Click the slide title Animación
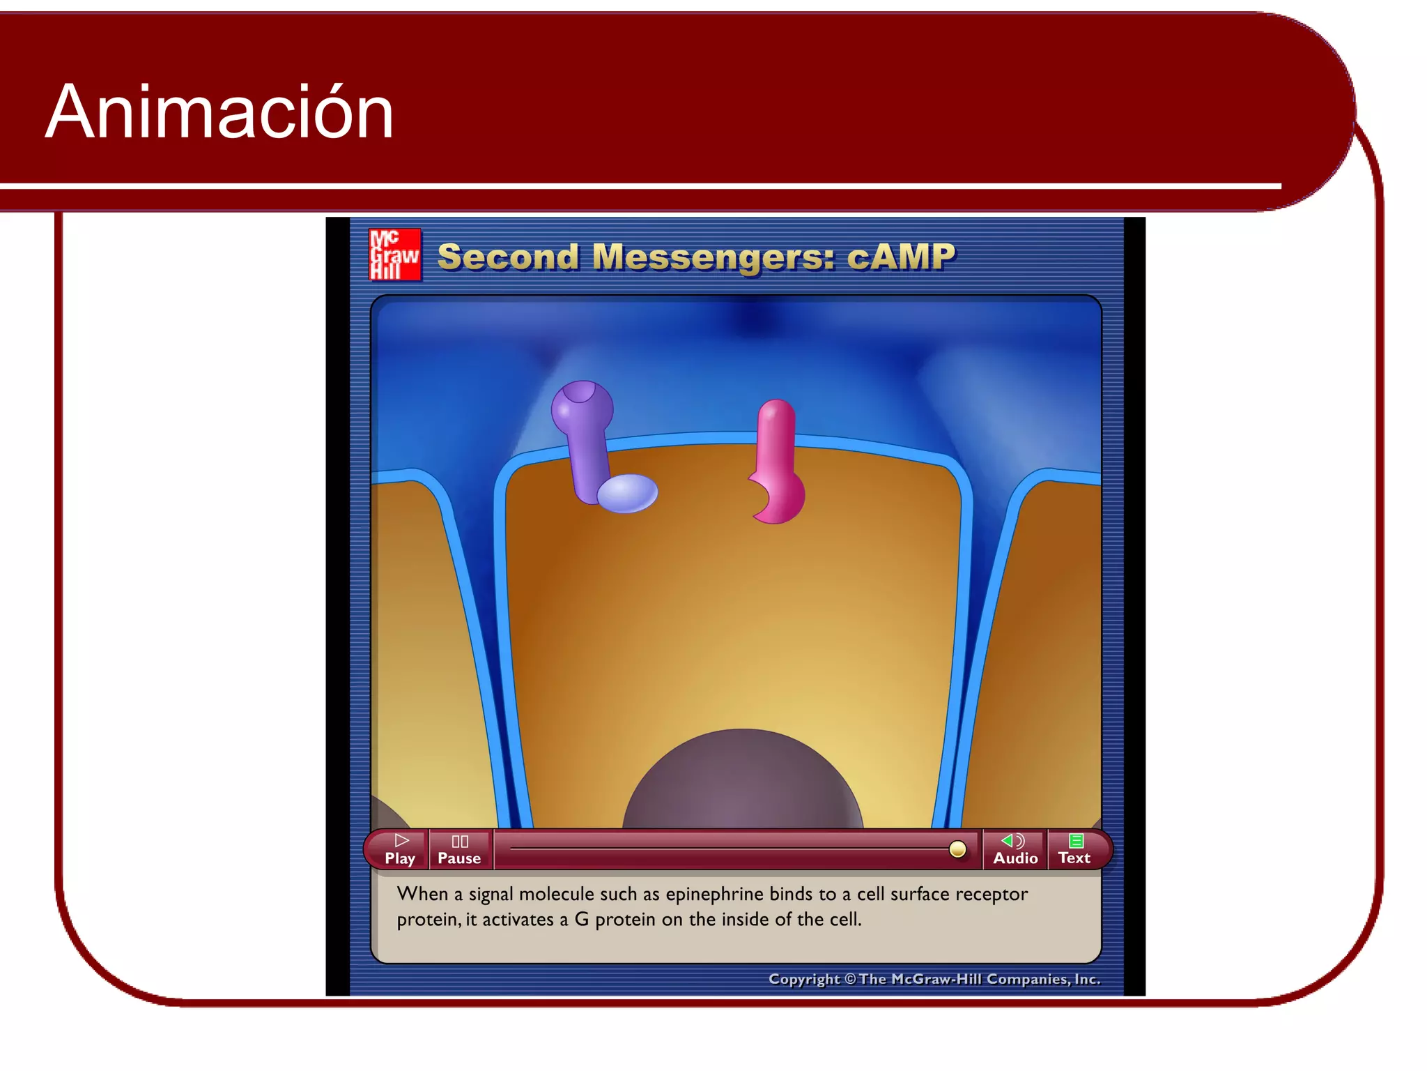click(219, 112)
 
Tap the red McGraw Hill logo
click(394, 255)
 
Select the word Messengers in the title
click(713, 257)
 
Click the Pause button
click(459, 850)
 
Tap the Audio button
click(1015, 850)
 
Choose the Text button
click(1074, 850)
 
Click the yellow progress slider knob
click(957, 849)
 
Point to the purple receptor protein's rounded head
click(582, 406)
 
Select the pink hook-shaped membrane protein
click(778, 464)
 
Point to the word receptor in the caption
click(991, 894)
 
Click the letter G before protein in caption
click(581, 920)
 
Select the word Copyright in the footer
click(803, 979)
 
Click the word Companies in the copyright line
click(1027, 979)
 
